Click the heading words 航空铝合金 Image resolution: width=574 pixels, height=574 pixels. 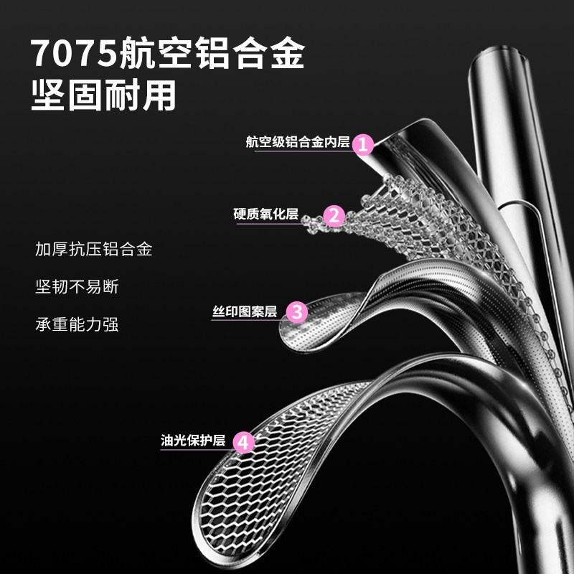212,53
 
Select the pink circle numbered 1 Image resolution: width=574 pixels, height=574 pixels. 364,143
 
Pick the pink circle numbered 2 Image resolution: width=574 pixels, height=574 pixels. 334,215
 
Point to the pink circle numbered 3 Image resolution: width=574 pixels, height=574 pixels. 297,311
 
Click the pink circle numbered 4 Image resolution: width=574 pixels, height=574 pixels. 244,441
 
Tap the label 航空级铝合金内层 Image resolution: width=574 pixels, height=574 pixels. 297,143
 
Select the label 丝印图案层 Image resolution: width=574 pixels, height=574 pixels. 245,311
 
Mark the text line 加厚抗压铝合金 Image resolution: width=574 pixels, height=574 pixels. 94,250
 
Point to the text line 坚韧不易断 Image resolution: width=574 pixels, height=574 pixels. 77,287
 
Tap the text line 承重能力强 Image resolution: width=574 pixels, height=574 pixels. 77,324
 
